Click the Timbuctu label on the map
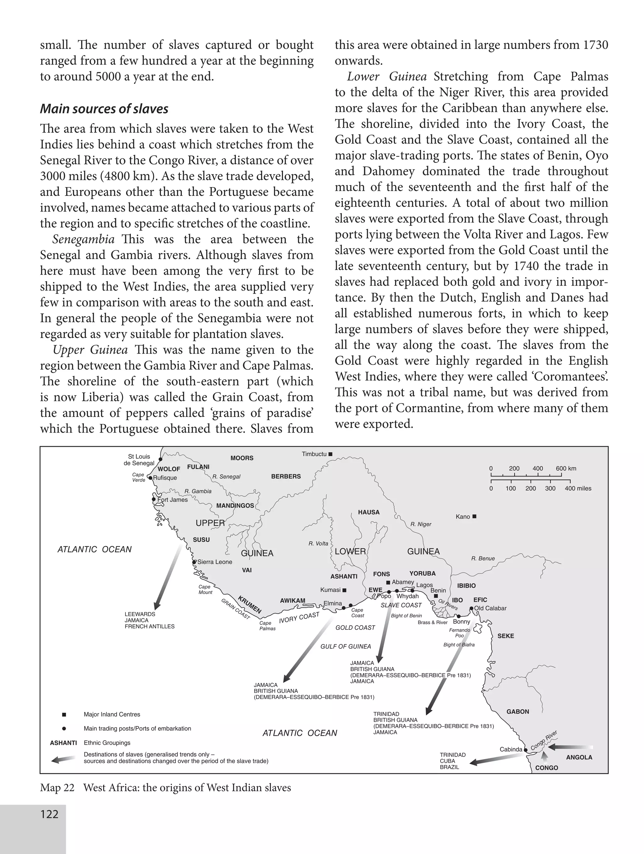pos(314,454)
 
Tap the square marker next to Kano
pos(475,517)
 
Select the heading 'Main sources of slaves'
pos(104,109)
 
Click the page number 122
pos(49,815)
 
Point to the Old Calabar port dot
pos(471,608)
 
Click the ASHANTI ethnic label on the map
pos(344,576)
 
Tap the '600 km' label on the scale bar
pos(566,468)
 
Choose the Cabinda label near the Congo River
pos(511,749)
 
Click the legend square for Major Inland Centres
pos(64,715)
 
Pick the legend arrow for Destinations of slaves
pos(63,759)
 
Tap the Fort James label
pos(172,500)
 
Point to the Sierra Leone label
pos(215,562)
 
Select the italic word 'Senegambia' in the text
pos(83,239)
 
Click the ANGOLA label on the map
pos(579,757)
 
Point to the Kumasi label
pos(330,590)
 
